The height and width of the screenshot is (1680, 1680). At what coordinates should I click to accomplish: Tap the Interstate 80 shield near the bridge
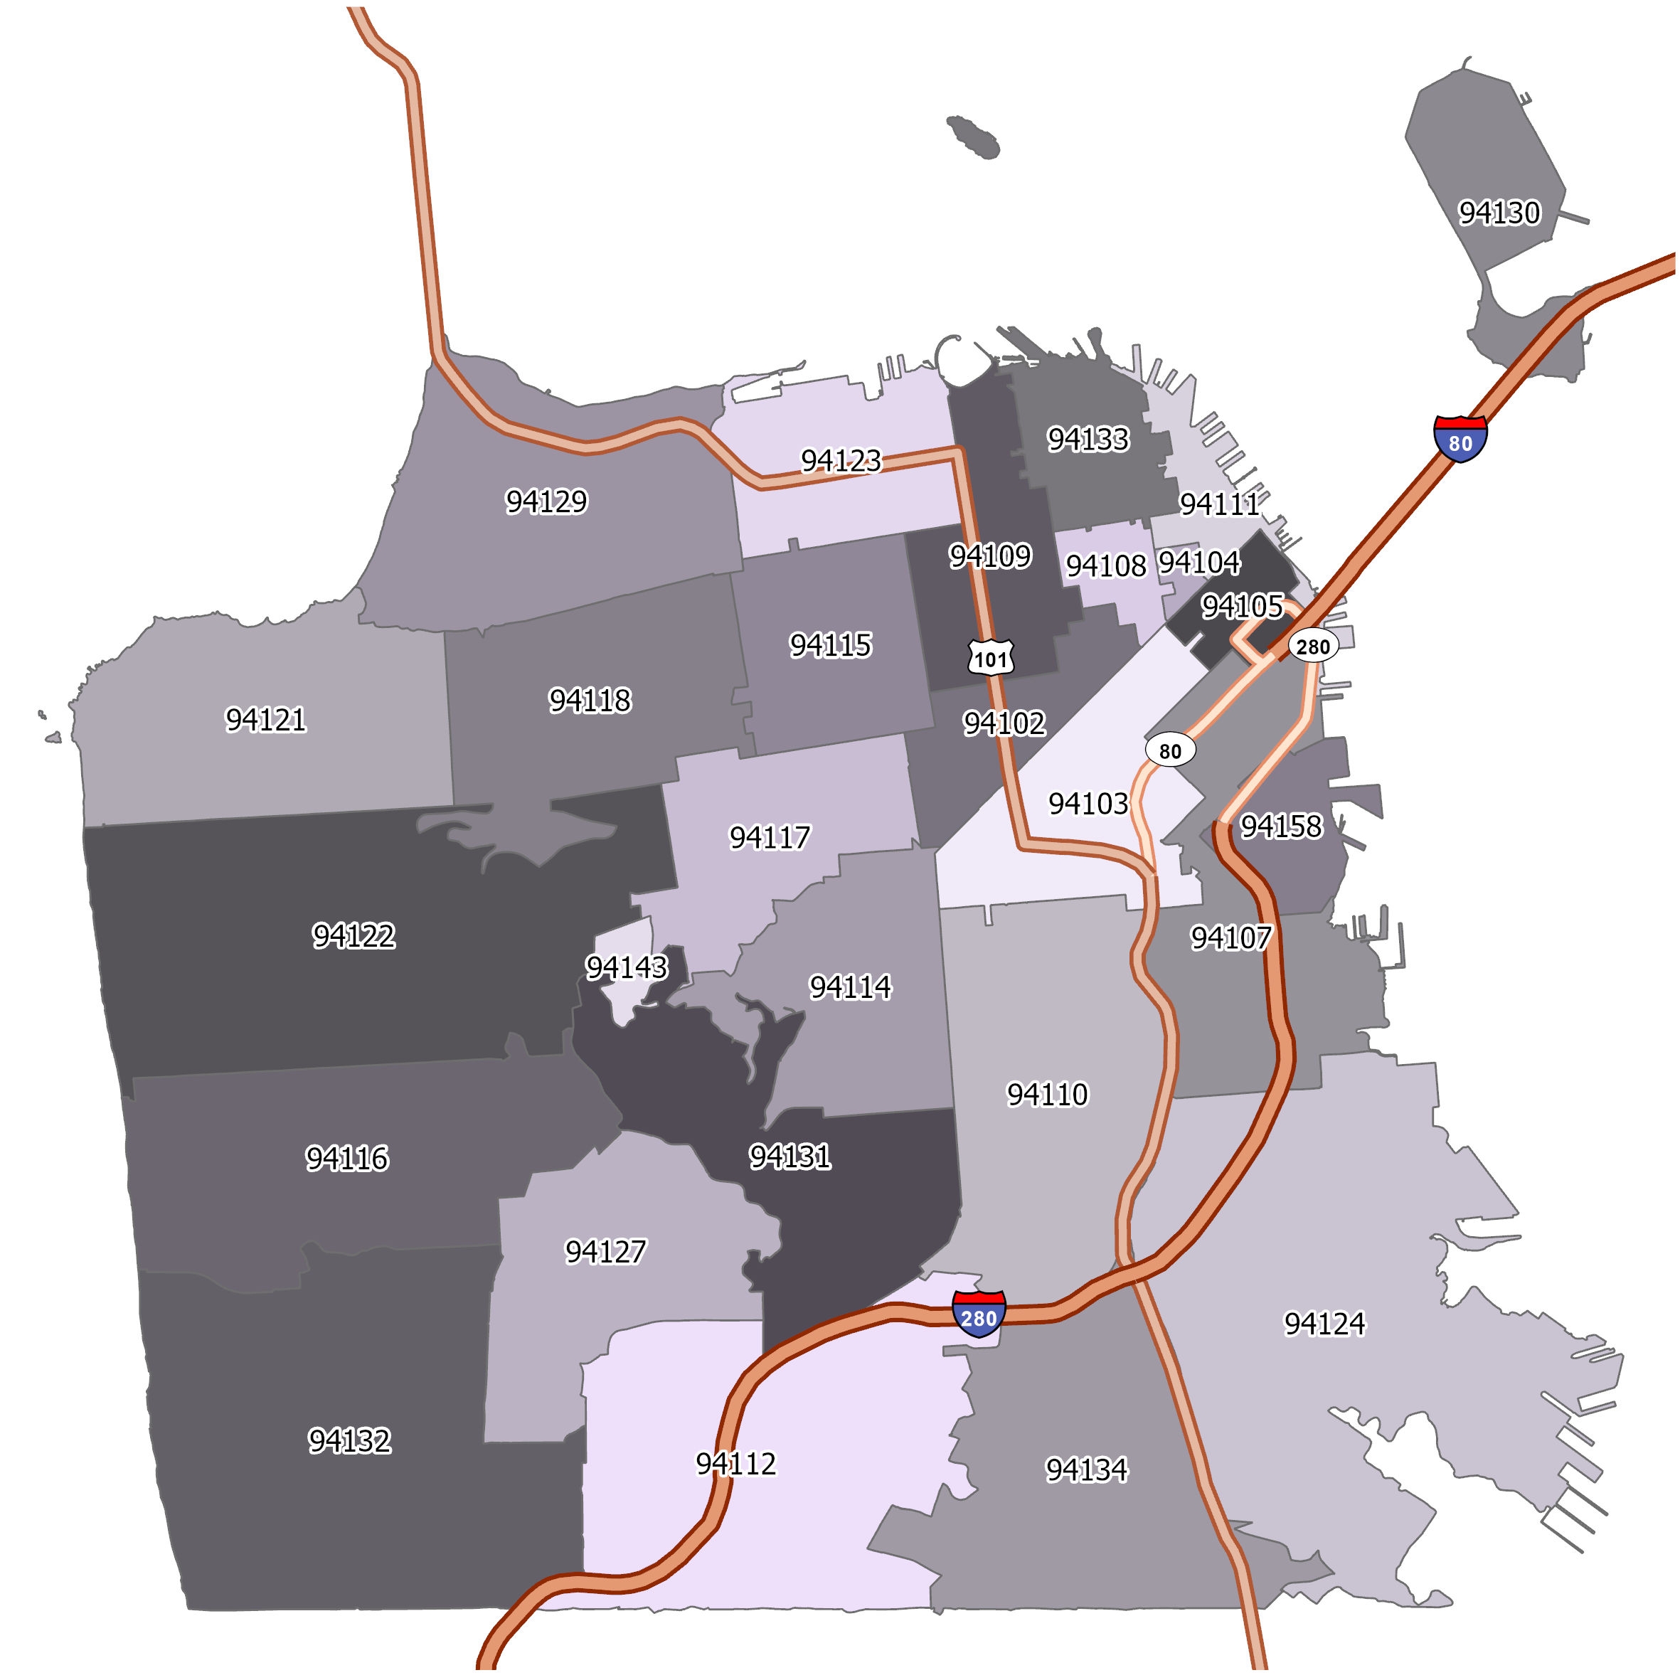(x=1460, y=437)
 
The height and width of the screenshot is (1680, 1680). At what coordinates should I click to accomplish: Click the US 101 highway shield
(x=991, y=658)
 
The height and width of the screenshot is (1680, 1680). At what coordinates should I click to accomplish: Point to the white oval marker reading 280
(x=1312, y=646)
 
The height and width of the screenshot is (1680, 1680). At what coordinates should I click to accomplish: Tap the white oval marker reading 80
(x=1171, y=750)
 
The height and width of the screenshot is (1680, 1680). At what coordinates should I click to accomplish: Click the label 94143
(x=626, y=967)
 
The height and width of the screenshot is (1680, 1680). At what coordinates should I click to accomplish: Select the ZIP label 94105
(x=1242, y=606)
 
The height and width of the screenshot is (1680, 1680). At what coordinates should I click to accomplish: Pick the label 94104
(x=1199, y=563)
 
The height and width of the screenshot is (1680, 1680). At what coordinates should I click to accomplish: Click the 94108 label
(x=1106, y=566)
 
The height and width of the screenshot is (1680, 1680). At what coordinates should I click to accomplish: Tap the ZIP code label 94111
(x=1218, y=504)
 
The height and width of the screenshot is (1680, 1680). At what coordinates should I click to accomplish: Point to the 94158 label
(x=1281, y=825)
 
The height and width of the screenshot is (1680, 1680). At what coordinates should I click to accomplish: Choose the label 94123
(x=841, y=460)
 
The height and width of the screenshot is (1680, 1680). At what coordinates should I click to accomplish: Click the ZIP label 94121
(x=265, y=720)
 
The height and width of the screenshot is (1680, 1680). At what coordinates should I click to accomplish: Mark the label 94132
(x=349, y=1441)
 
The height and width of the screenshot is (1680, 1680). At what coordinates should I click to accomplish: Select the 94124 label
(x=1324, y=1324)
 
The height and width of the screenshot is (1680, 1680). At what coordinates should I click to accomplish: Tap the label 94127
(x=605, y=1251)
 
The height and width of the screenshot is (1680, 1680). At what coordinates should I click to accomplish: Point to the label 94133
(x=1088, y=439)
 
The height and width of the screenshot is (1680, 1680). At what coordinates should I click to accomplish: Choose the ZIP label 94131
(x=790, y=1157)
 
